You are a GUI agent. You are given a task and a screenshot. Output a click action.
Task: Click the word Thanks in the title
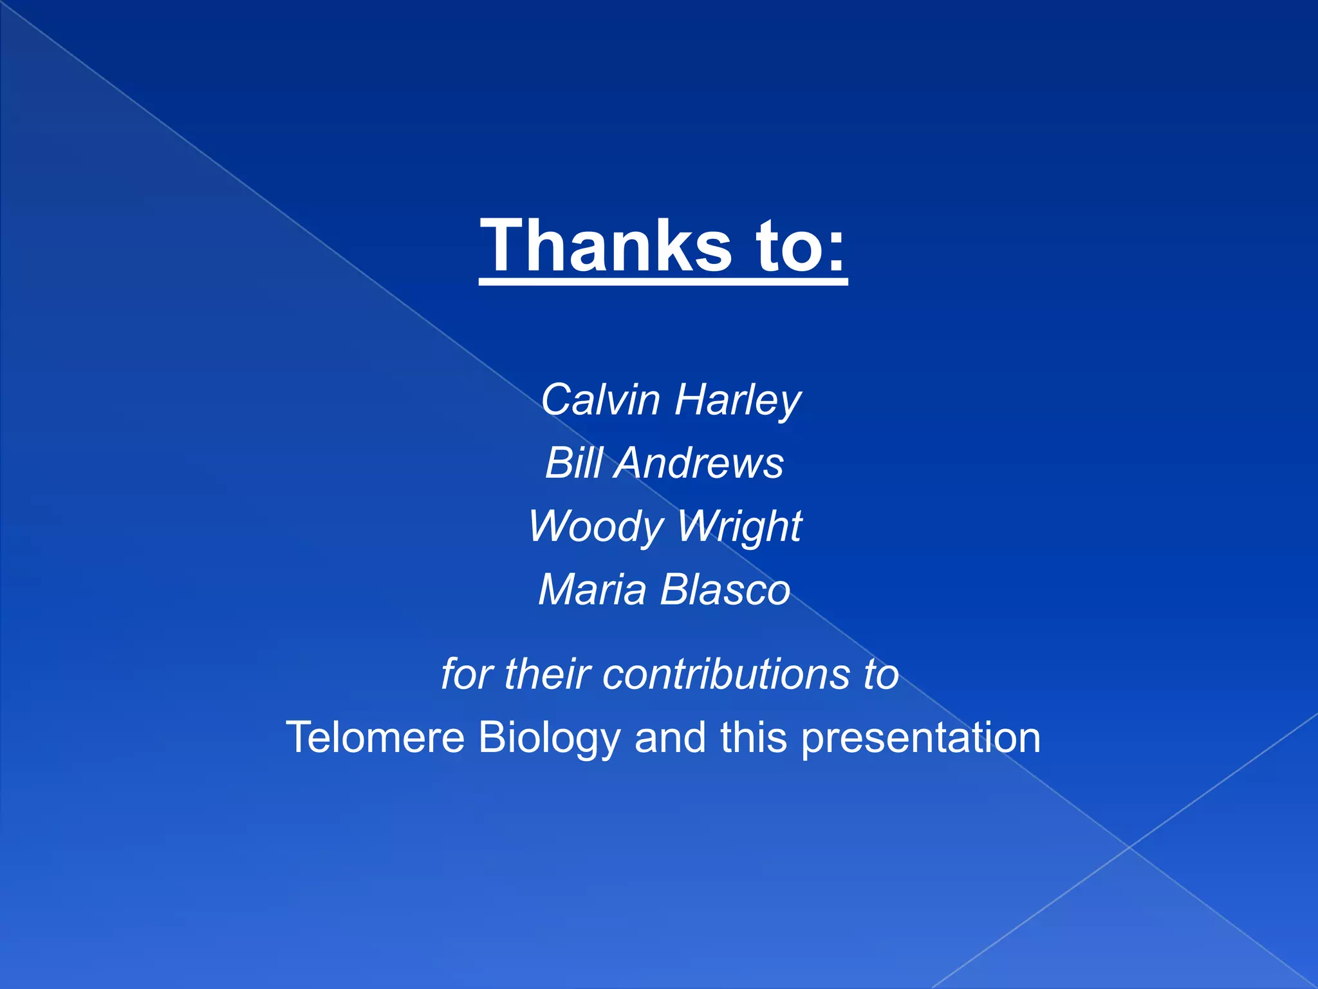point(606,246)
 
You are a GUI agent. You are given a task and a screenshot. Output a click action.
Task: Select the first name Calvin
point(600,400)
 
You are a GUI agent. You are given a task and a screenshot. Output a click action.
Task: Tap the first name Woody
point(595,527)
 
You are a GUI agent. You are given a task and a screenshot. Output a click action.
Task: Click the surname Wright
point(739,527)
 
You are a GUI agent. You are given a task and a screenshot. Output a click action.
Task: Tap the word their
point(547,675)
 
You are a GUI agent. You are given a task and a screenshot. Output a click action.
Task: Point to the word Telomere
point(375,737)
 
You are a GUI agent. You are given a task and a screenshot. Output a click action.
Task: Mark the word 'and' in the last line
point(670,737)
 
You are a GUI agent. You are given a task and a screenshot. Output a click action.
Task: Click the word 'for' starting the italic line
point(465,675)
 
